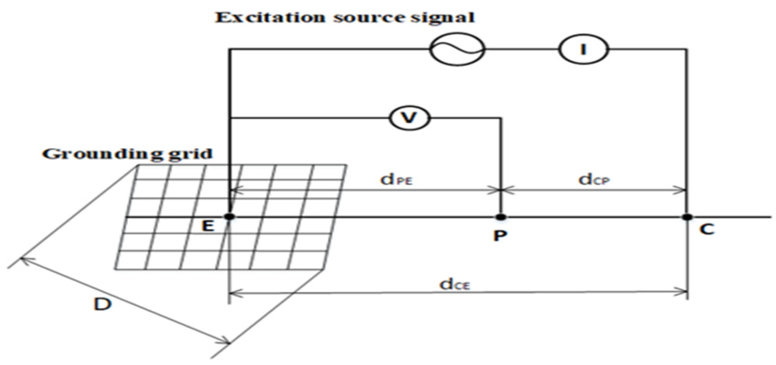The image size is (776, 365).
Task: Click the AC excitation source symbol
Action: coord(457,49)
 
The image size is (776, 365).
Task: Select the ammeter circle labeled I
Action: coord(583,49)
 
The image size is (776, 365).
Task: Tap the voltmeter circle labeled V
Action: coord(409,117)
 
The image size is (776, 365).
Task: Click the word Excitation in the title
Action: coord(270,18)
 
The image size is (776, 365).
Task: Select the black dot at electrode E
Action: coord(230,217)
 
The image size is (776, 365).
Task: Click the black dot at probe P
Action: coord(501,217)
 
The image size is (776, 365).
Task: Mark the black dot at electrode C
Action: coord(687,217)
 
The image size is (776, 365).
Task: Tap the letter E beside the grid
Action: coord(207,226)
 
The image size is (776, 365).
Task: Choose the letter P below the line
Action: coord(500,235)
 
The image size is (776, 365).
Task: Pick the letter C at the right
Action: coord(707,229)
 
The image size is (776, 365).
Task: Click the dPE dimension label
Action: coord(396,179)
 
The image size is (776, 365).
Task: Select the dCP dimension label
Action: coord(594,179)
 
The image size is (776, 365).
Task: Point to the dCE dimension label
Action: coord(454,284)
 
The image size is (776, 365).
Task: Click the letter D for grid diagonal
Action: coord(103,304)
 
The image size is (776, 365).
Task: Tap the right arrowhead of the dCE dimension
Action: coord(683,293)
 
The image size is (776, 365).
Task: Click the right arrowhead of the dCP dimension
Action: coord(683,190)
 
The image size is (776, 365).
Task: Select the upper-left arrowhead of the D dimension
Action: coord(23,259)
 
